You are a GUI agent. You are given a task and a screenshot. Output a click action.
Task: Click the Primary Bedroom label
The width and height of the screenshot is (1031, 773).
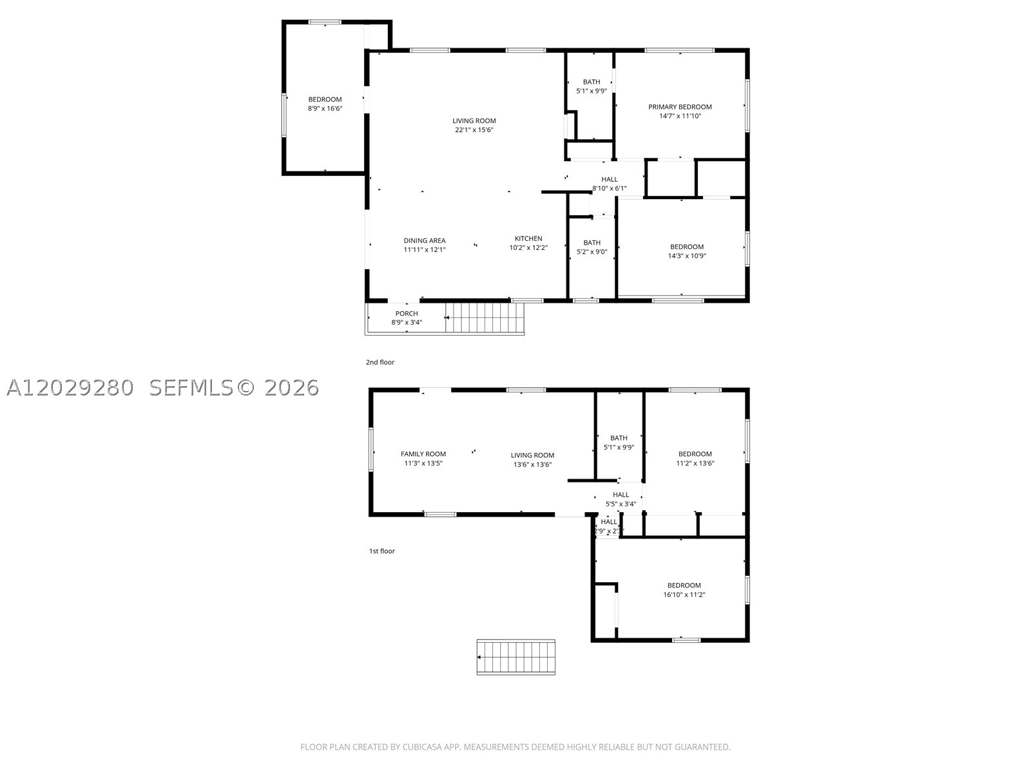[680, 107]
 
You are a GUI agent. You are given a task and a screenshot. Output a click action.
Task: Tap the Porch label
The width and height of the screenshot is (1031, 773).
[407, 314]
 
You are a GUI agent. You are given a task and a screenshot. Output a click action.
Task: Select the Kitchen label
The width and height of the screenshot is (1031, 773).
[528, 238]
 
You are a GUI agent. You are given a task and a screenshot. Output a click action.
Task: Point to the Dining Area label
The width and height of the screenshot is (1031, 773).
[424, 240]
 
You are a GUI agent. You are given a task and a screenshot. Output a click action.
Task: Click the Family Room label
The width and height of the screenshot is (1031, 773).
[423, 454]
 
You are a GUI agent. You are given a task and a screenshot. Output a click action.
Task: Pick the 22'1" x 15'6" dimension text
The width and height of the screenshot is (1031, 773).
[474, 130]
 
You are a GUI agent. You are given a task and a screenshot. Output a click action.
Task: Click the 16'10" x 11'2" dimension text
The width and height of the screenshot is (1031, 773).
[684, 595]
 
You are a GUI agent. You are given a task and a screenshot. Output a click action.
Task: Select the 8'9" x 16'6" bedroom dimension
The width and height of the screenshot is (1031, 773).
[325, 108]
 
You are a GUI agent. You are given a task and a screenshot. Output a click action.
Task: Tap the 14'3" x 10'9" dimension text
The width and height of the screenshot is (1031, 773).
[687, 256]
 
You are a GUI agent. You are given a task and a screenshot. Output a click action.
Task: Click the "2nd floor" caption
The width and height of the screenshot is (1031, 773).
[380, 362]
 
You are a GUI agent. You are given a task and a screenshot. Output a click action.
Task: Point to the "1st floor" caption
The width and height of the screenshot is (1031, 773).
[382, 551]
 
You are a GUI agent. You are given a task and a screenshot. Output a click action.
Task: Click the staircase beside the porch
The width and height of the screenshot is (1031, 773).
[485, 318]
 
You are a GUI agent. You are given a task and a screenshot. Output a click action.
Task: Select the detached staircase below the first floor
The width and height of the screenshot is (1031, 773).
[515, 657]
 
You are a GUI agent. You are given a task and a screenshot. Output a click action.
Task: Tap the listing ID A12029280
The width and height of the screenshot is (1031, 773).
[70, 388]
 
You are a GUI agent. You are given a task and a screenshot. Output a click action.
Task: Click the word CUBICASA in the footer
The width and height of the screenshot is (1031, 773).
[422, 747]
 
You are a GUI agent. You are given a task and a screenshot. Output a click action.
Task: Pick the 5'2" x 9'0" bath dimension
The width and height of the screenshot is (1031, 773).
[592, 252]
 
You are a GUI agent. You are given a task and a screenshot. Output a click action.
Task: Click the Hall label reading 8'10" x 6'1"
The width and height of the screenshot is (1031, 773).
[609, 184]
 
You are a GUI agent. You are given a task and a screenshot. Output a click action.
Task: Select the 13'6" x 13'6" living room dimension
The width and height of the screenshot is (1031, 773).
[532, 464]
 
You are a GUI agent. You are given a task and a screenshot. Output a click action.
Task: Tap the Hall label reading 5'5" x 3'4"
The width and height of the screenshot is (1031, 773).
[621, 499]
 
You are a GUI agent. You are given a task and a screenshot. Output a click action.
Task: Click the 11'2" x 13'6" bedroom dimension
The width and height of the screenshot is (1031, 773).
[695, 463]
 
